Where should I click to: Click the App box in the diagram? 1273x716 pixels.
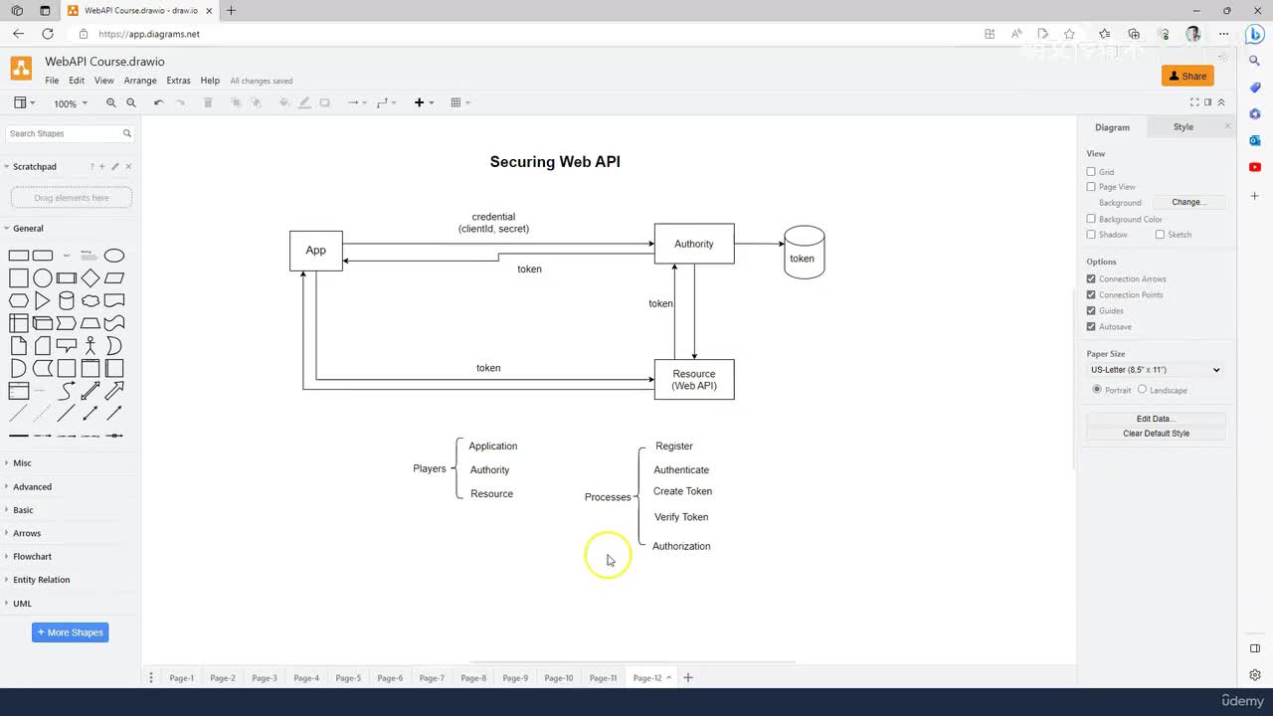click(315, 251)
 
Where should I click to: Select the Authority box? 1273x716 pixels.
click(693, 244)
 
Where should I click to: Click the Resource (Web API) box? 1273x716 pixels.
click(693, 380)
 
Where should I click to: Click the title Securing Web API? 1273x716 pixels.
click(555, 162)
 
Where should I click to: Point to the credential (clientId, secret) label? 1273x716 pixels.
click(493, 223)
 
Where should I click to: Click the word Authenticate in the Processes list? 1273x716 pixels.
click(681, 470)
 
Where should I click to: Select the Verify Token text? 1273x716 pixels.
click(681, 517)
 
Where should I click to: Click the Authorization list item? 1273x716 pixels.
click(681, 546)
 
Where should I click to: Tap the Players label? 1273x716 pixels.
click(430, 468)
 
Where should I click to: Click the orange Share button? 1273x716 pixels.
click(1187, 76)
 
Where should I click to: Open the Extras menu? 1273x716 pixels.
click(178, 81)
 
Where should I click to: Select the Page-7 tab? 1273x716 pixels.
click(432, 678)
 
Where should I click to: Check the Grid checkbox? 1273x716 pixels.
click(1091, 172)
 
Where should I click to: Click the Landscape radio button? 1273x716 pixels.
click(1142, 390)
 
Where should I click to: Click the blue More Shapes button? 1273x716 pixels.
click(70, 632)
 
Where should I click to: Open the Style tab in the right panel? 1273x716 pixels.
click(1182, 127)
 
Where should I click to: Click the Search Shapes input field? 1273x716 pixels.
click(64, 133)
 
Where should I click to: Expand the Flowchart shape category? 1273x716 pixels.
click(32, 557)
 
